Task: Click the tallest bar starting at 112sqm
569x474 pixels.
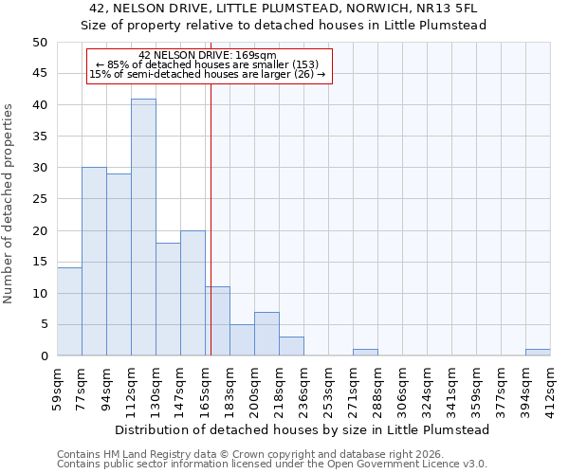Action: coord(143,228)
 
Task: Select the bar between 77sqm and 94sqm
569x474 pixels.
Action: coord(94,262)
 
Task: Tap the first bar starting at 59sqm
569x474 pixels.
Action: coord(69,312)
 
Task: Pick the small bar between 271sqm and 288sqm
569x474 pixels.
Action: coord(365,353)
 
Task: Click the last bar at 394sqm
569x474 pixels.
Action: coord(538,353)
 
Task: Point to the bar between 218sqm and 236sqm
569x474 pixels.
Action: coord(291,346)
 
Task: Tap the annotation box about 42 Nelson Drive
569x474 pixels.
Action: coord(210,65)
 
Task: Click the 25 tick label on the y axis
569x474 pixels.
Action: coord(40,199)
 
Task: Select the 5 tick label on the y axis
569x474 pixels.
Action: coord(44,325)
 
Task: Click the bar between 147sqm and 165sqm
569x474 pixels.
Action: coord(193,293)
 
